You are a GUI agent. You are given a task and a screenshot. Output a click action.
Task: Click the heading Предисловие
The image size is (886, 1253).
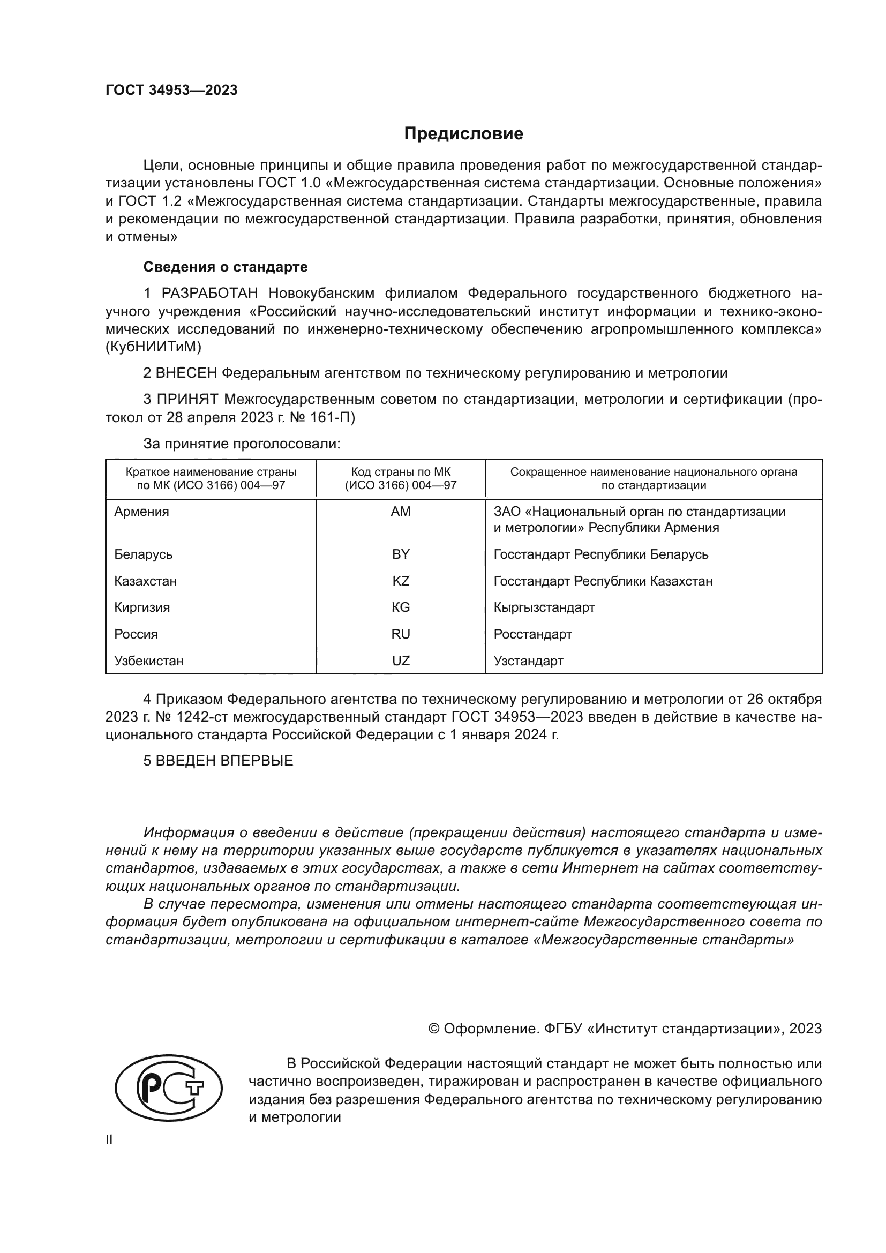point(463,134)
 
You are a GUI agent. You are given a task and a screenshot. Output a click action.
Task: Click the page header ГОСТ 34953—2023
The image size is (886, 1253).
point(171,91)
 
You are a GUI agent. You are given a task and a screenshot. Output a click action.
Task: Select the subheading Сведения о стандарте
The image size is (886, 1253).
point(226,267)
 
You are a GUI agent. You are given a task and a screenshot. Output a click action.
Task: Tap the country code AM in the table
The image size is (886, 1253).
point(401,512)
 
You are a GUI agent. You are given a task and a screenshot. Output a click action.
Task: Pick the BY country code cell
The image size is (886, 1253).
point(401,554)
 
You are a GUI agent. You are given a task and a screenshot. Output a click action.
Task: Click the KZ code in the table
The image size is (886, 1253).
point(401,581)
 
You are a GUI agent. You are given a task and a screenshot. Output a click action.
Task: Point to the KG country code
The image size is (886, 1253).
point(401,607)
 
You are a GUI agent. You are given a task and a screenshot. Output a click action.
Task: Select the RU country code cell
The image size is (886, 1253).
point(401,634)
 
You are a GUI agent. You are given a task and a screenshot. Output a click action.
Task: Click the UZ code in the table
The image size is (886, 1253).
point(401,661)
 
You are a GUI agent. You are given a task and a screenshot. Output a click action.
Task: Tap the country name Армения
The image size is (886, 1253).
point(141,512)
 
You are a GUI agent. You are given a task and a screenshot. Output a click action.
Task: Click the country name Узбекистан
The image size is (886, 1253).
point(148,661)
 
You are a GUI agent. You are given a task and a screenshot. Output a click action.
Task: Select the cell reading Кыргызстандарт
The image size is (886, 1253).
point(544,607)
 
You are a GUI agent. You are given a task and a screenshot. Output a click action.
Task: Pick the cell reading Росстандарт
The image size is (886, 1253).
point(532,634)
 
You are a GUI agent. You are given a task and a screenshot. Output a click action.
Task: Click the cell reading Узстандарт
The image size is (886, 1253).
point(528,661)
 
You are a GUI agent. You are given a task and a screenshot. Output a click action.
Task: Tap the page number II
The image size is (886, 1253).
point(109,1140)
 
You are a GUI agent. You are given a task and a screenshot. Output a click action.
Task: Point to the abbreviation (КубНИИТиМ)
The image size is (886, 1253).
point(153,347)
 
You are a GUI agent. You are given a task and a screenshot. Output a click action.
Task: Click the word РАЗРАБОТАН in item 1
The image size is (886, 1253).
point(209,294)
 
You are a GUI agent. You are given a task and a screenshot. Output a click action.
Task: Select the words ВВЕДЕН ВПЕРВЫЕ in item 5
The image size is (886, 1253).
point(224,761)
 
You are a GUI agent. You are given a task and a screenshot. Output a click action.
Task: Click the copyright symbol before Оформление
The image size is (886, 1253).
point(434,1029)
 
